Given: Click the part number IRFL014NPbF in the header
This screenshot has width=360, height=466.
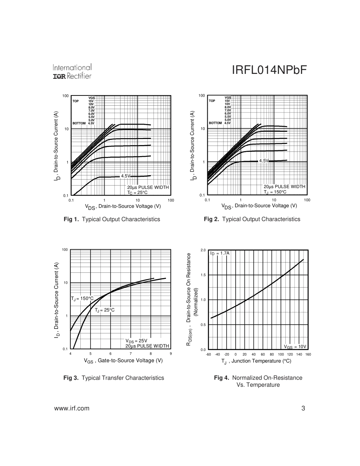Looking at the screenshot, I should click(269, 71).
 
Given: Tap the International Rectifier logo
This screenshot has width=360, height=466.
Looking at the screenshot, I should click(72, 72).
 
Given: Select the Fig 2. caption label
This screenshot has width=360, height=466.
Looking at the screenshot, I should click(211, 219).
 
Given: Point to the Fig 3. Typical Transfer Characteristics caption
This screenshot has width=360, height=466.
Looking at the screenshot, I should click(114, 378).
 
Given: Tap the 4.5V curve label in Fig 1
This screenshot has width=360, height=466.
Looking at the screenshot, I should click(125, 176).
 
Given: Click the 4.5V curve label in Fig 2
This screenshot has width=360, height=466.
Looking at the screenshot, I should click(264, 161).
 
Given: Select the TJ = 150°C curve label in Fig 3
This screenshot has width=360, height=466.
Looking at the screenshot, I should click(82, 299).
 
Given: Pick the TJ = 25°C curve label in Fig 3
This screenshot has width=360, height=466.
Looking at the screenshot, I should click(105, 310).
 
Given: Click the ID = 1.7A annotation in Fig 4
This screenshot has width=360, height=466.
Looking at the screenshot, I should click(220, 253).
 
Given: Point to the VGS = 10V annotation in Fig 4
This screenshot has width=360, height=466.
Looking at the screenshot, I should click(295, 347).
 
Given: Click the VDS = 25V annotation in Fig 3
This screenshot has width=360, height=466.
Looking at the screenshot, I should click(136, 341).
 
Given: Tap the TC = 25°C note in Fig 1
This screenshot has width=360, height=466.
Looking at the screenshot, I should click(137, 192).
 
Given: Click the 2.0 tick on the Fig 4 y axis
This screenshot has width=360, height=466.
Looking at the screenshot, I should click(203, 250).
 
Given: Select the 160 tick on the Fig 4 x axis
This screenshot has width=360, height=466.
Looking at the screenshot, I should click(308, 355).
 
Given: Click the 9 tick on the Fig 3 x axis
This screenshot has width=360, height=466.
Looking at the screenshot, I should click(171, 354).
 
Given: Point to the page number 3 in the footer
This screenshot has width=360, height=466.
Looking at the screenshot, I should click(303, 408).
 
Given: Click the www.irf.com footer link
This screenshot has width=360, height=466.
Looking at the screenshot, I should click(72, 408).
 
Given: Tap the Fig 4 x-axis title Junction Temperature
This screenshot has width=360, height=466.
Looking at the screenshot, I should click(257, 361).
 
